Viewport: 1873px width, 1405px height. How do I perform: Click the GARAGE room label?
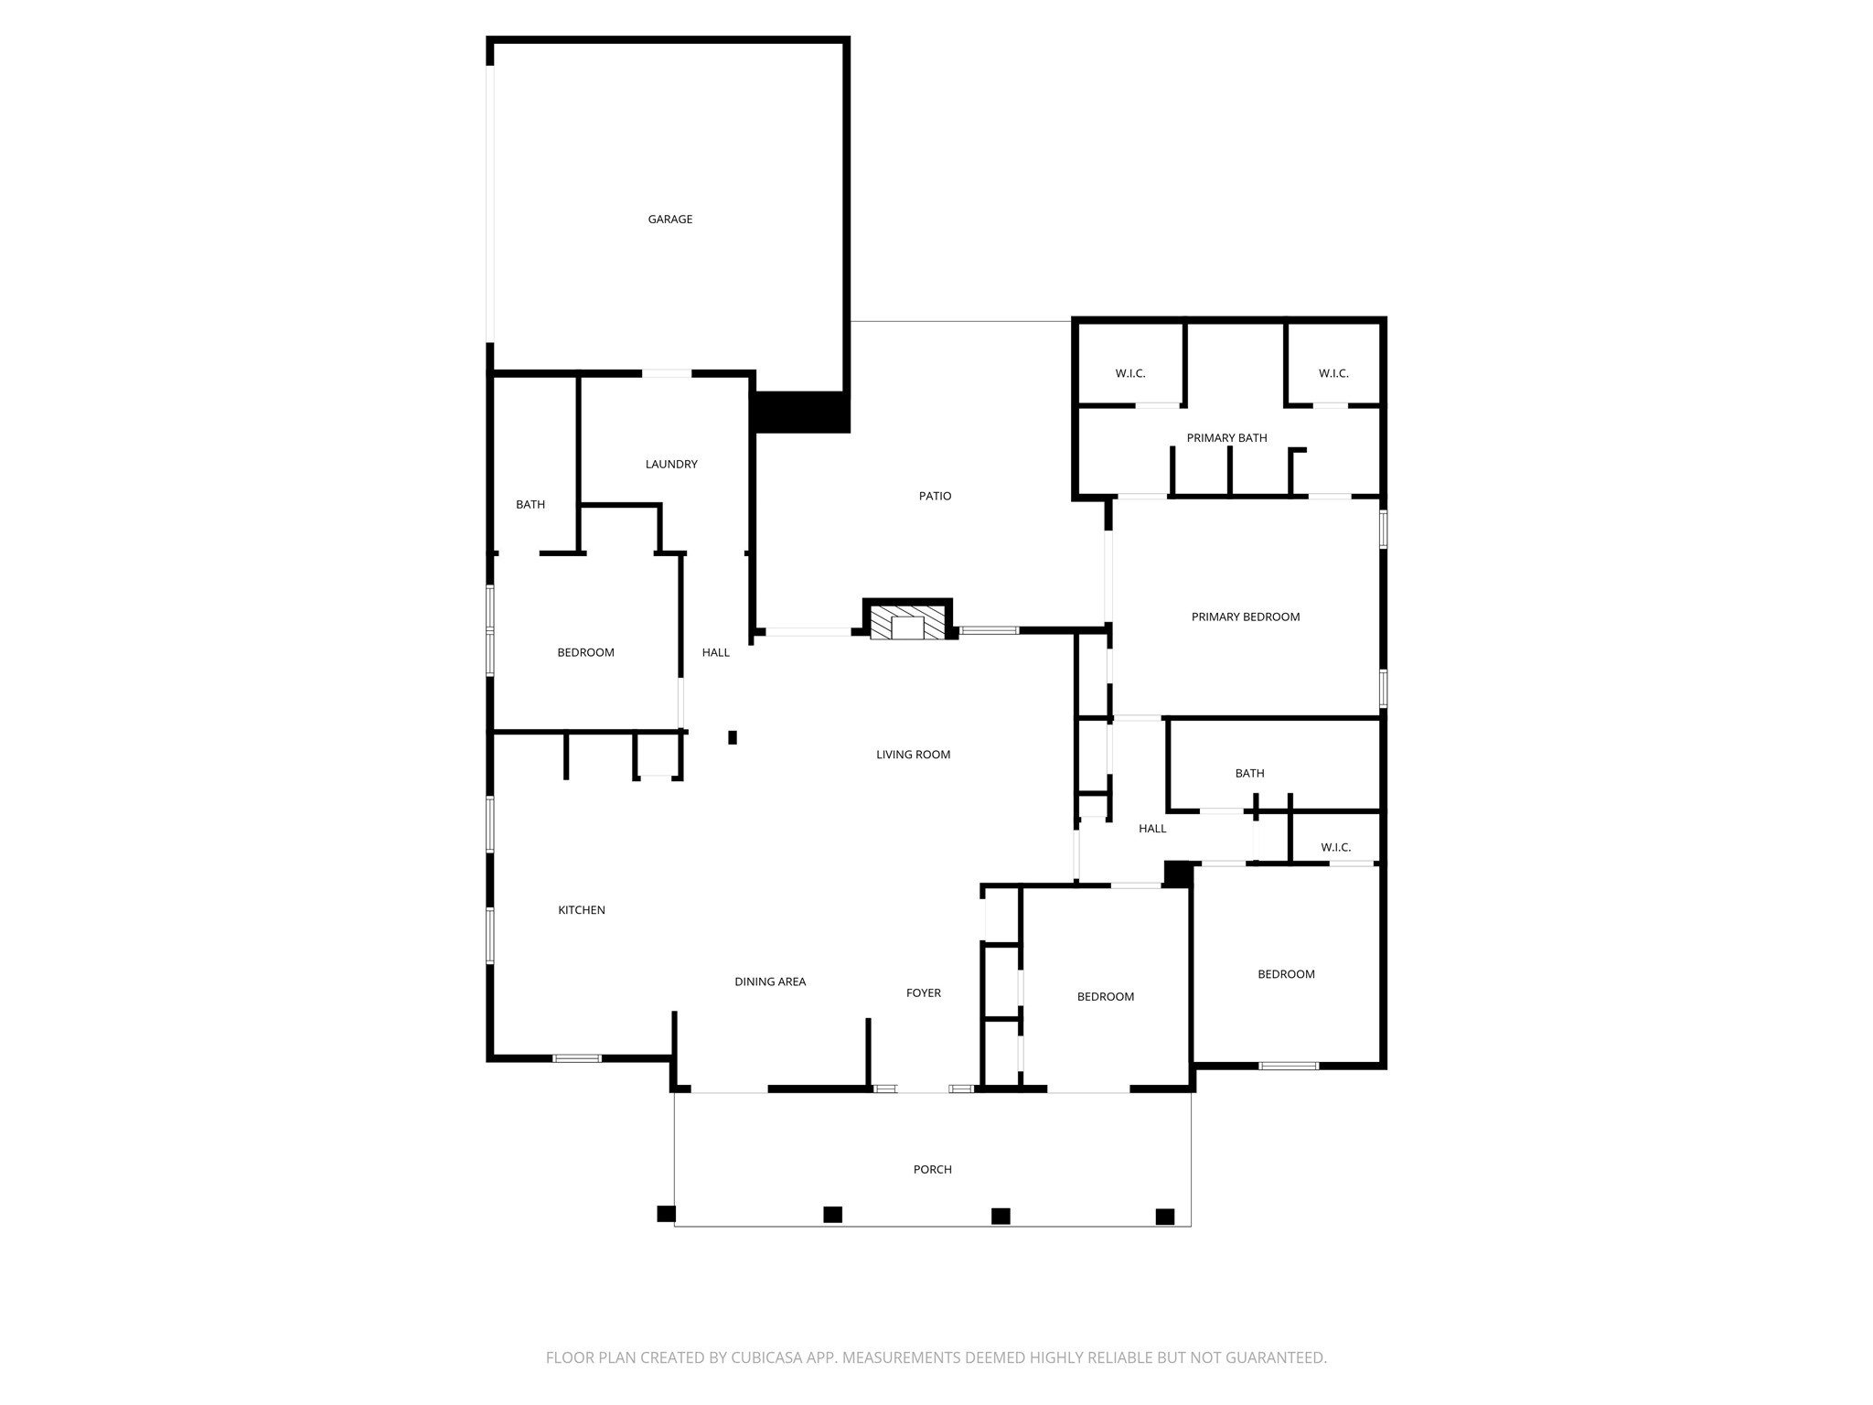[669, 220]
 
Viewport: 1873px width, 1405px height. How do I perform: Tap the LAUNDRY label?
[671, 465]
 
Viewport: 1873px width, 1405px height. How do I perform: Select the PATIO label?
[935, 496]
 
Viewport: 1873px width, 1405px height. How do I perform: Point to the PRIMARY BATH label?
[1226, 438]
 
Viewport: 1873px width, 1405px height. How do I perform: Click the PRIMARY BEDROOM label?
[1245, 617]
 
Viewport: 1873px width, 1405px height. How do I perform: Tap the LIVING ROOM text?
[913, 755]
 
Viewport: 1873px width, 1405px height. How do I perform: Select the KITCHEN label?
[582, 910]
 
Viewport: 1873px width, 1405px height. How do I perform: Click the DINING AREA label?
[770, 982]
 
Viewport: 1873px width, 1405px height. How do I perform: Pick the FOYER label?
[923, 993]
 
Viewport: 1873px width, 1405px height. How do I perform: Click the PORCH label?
[932, 1170]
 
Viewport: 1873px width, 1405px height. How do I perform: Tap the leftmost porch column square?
[666, 1214]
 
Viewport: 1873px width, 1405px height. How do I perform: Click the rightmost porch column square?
[1164, 1217]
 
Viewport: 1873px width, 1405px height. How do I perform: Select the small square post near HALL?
[733, 737]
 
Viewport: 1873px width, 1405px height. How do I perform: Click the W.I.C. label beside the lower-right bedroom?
[1335, 848]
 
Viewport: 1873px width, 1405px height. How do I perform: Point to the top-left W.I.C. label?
[1129, 374]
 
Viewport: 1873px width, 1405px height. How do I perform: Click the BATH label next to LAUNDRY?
[530, 505]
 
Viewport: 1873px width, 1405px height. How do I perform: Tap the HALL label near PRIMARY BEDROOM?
[1151, 829]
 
